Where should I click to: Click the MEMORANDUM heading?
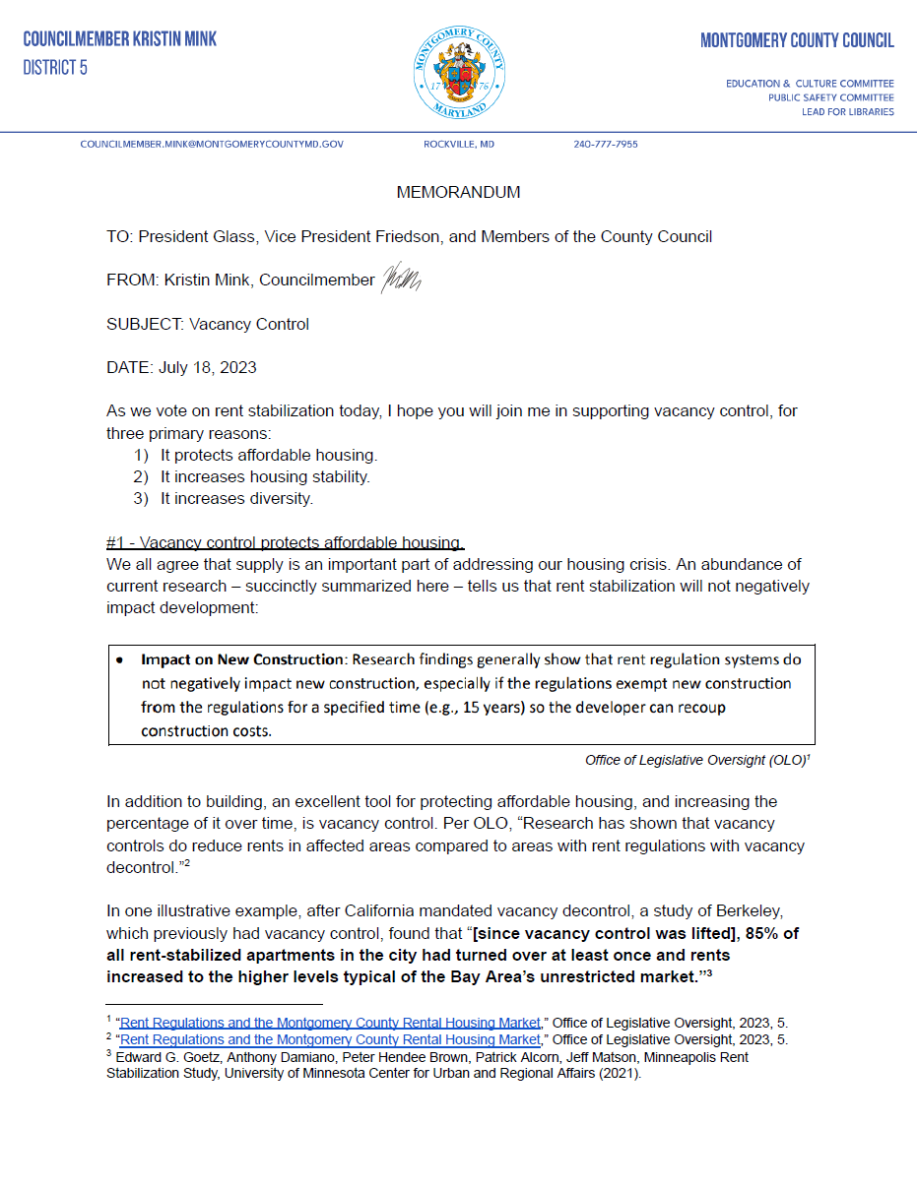(458, 192)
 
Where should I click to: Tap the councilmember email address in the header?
(212, 145)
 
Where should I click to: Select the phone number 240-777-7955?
(605, 145)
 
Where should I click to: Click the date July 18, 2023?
(207, 367)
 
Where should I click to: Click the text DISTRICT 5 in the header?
(55, 68)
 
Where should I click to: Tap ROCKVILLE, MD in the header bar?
(459, 145)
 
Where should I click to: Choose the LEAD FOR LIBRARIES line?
(847, 111)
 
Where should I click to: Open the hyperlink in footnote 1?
(330, 1023)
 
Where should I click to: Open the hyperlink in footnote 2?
(330, 1039)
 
